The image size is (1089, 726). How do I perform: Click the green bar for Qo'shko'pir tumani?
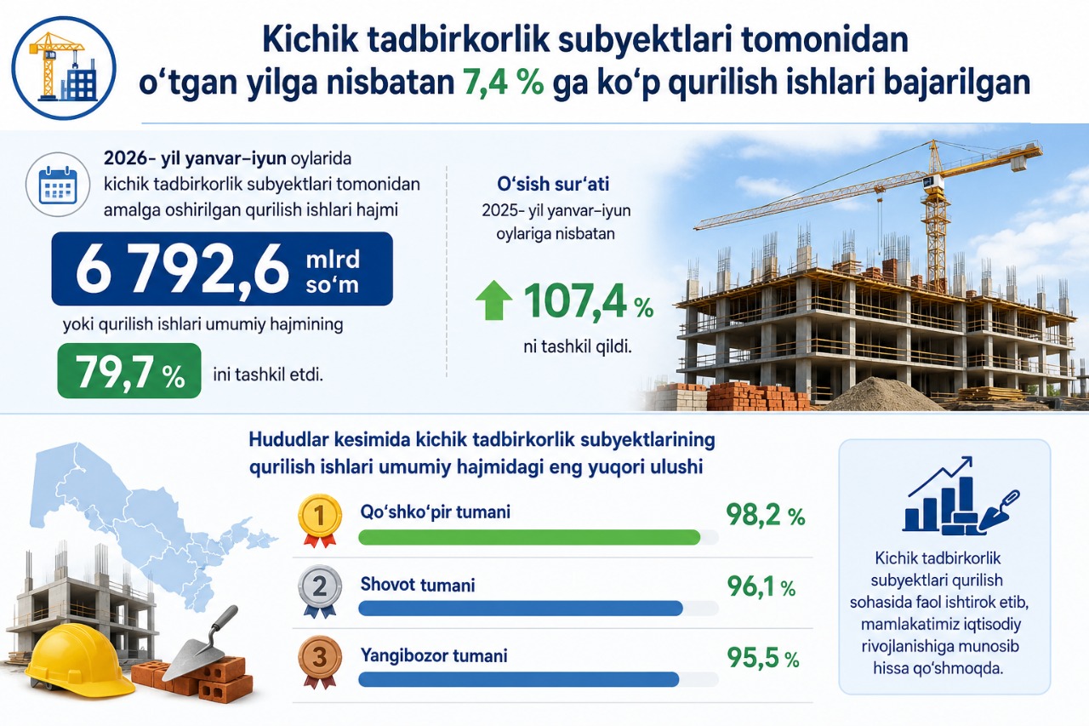coord(529,537)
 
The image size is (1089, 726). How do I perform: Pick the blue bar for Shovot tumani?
coord(521,609)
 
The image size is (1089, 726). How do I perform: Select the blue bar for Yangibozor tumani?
coord(519,679)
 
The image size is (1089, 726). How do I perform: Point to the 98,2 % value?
coord(766,515)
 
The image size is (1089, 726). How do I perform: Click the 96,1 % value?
coord(761,586)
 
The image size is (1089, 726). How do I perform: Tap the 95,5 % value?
coord(763,658)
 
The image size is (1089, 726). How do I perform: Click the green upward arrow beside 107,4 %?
coord(494,300)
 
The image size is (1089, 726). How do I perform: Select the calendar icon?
coord(58,185)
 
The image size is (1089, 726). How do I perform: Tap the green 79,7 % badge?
coord(129,371)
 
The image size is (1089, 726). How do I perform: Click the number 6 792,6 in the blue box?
coord(182,268)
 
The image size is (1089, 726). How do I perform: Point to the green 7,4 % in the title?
coord(503,82)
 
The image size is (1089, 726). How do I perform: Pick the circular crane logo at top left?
coord(64,68)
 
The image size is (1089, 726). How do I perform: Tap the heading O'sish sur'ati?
coord(553,184)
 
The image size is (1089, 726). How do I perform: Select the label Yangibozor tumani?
coord(434,656)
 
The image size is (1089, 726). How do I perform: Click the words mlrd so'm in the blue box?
coord(333,272)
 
